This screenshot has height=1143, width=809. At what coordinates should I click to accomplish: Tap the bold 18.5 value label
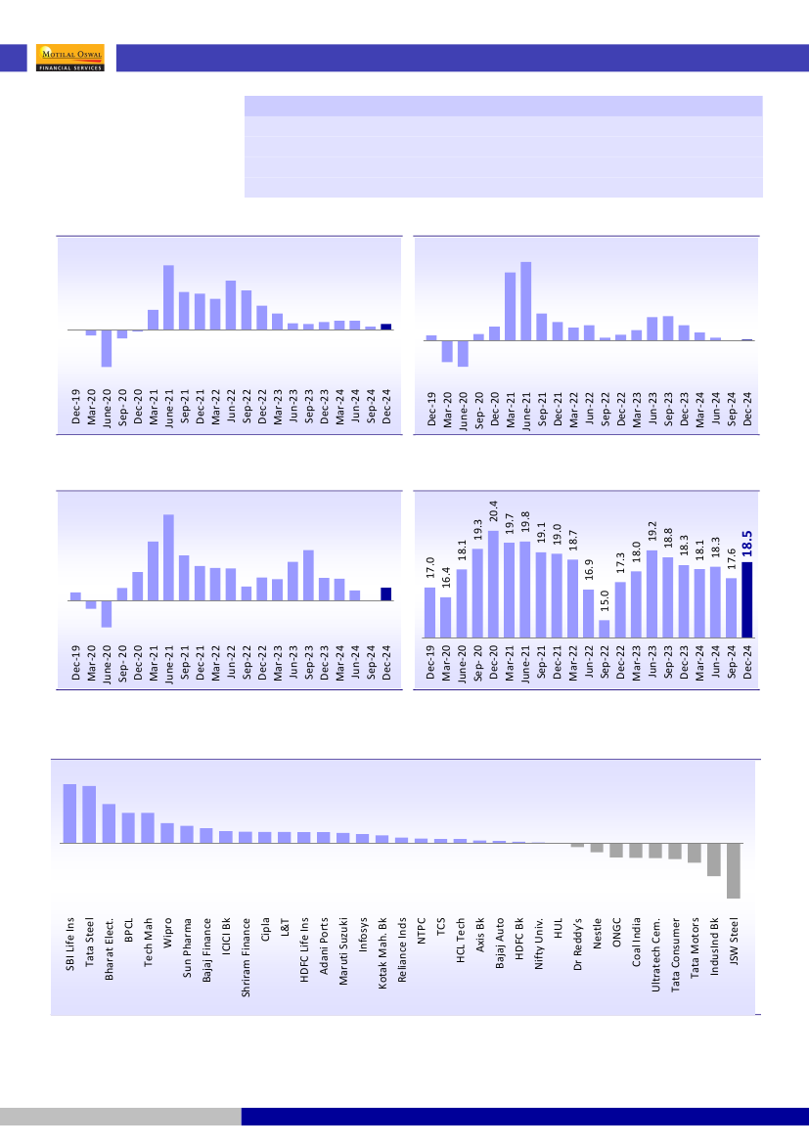[747, 545]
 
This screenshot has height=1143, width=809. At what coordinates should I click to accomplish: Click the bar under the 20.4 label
[494, 584]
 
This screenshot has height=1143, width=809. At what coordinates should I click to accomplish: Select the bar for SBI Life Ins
[69, 813]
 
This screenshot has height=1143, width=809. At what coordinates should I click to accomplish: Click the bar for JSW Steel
[734, 870]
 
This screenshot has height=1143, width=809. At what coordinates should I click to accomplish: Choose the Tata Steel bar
[89, 813]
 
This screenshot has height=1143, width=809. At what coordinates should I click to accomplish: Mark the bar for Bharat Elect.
[109, 823]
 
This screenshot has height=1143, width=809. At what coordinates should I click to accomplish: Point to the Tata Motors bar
[695, 853]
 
